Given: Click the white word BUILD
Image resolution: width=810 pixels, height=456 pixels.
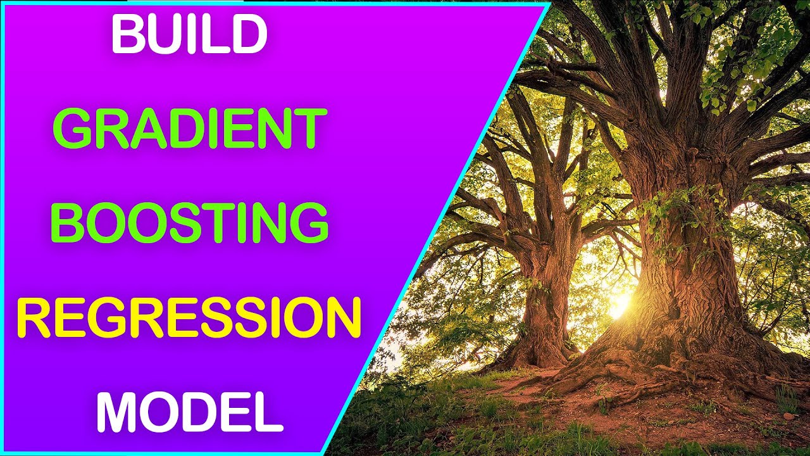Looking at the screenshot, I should pyautogui.click(x=189, y=36).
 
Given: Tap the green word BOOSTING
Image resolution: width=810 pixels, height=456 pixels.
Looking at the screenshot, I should pyautogui.click(x=189, y=224).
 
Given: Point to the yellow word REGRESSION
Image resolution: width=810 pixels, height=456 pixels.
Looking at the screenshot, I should pyautogui.click(x=189, y=318).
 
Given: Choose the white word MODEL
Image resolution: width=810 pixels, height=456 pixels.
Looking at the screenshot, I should pyautogui.click(x=189, y=412).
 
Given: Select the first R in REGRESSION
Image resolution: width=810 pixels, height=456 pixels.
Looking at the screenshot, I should pyautogui.click(x=32, y=318).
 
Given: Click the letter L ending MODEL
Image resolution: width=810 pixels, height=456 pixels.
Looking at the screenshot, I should pyautogui.click(x=269, y=412).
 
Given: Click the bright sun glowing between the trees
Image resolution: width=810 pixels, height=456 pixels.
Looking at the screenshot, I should pyautogui.click(x=617, y=306).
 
